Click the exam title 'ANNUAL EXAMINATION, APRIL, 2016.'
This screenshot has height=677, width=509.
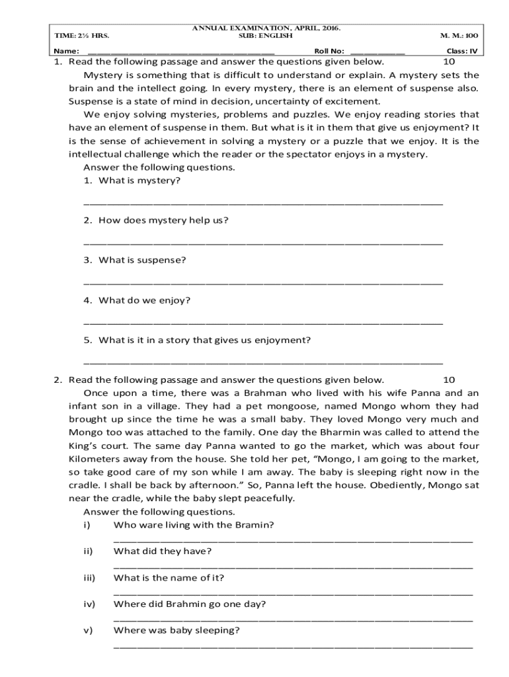(266, 28)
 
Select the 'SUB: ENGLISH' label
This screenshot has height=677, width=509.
(265, 36)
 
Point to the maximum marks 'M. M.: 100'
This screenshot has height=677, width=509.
(459, 36)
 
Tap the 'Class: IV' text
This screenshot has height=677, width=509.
(462, 51)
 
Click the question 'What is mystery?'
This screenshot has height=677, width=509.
(139, 180)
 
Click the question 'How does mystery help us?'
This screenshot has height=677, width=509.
(163, 220)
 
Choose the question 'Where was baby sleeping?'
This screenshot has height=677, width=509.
(176, 630)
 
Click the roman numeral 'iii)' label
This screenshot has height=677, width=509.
(89, 577)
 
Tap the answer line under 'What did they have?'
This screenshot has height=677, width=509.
(293, 567)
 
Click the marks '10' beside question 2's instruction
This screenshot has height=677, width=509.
(449, 379)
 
